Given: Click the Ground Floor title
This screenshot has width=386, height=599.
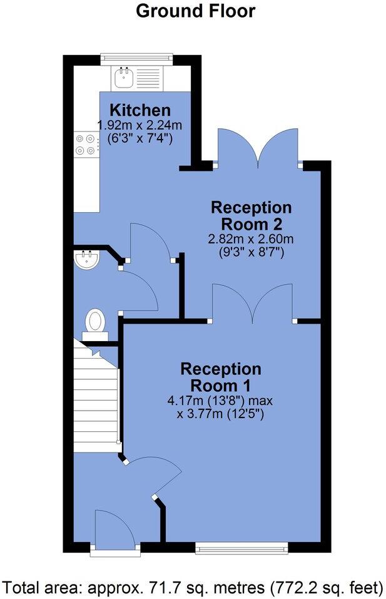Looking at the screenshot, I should point(195,11).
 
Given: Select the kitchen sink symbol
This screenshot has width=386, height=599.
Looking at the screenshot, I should point(122,79).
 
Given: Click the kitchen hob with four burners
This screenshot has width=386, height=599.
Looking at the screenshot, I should point(86,145).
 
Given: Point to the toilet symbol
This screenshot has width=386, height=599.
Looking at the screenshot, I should point(95,323).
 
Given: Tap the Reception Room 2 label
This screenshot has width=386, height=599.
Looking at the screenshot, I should point(251,215).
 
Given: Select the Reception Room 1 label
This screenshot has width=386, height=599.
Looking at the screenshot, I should point(221,376).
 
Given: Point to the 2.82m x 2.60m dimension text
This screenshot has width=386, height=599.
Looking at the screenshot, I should point(251,239).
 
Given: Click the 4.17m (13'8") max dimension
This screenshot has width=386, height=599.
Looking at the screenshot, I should point(221,399).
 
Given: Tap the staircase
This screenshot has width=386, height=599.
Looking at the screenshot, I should point(96,394).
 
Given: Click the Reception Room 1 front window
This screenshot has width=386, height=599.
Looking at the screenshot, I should point(242,549).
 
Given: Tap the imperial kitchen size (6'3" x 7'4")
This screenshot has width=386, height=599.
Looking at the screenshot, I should point(140,137).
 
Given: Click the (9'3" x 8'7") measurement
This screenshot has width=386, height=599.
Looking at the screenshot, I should point(251,252).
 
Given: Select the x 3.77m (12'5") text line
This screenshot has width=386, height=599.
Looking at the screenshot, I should point(221,413).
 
